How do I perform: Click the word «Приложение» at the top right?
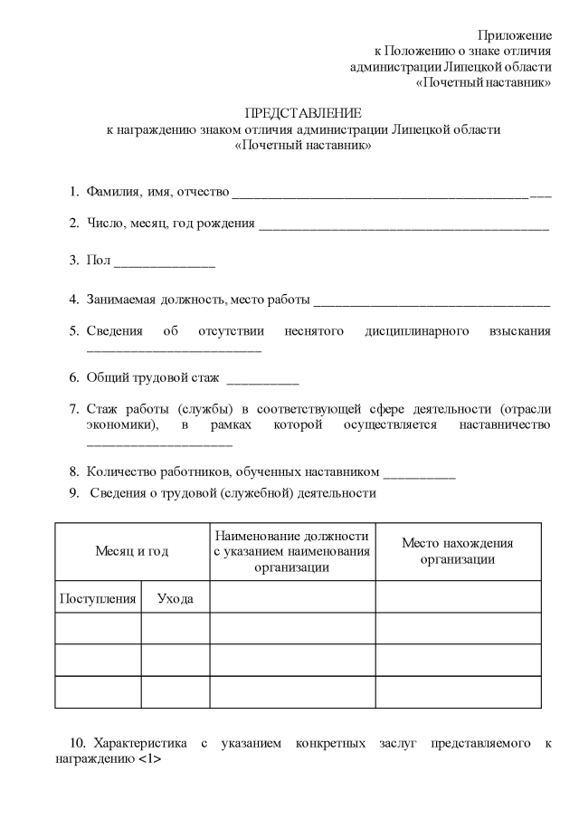tap(515, 34)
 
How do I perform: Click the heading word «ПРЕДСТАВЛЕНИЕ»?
tap(303, 113)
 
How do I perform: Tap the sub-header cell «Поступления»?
tap(98, 598)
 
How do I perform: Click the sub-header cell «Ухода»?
tap(175, 598)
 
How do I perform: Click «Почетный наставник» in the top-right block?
tap(484, 82)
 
